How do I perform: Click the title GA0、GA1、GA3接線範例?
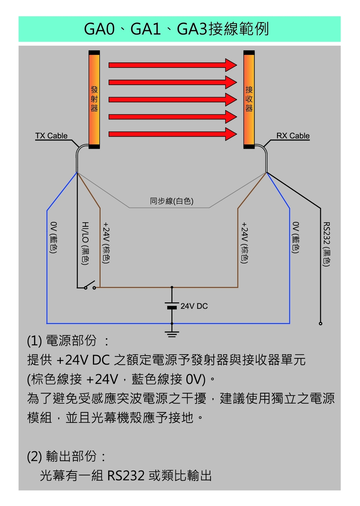point(176,29)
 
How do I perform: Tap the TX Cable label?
point(51,136)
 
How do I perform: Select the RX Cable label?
point(293,136)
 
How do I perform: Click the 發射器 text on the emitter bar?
point(94,99)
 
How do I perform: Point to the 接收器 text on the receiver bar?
point(249,99)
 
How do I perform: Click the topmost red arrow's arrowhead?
point(231,65)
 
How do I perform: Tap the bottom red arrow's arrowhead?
point(231,134)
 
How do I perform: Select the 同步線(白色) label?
point(172,201)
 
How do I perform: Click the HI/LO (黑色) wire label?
point(85,243)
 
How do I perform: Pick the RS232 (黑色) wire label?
point(326,244)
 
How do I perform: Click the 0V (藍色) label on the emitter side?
point(53,237)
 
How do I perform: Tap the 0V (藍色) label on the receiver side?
point(296,237)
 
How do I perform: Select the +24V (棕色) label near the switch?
point(106,242)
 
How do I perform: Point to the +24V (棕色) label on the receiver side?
point(244,242)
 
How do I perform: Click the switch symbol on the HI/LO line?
point(90,285)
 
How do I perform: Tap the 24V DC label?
point(194,306)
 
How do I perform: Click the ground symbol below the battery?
point(172,333)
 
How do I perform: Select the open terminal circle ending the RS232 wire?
point(320,324)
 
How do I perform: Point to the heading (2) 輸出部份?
point(66,456)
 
